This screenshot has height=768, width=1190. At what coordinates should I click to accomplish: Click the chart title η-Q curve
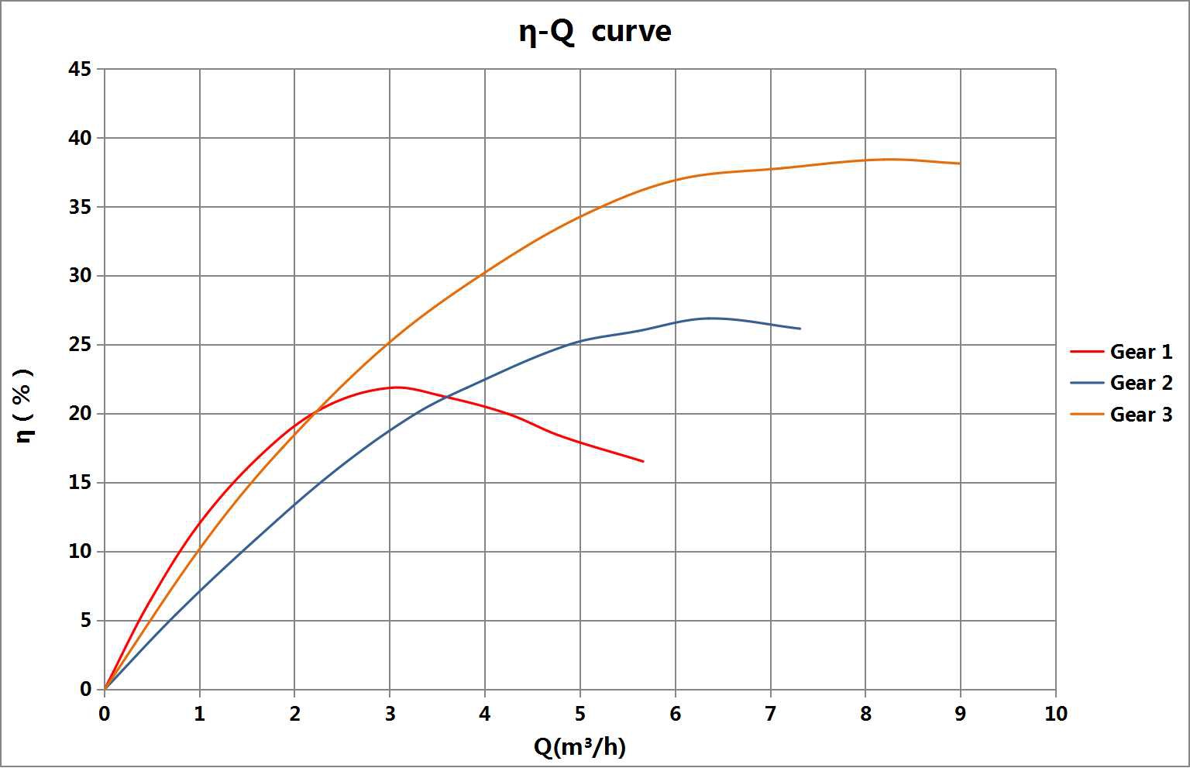point(594,32)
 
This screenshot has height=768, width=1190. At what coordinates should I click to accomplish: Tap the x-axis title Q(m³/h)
point(580,746)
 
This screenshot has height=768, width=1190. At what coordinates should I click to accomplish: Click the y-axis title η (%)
point(25,405)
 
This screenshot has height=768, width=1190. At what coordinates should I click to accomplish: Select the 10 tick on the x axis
point(1055,714)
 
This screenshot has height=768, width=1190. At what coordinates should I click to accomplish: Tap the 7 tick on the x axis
point(770,714)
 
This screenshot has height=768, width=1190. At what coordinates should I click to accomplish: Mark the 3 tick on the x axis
point(390,714)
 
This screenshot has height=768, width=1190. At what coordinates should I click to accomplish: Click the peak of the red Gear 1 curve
point(396,387)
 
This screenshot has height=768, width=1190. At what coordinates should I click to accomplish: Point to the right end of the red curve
point(643,461)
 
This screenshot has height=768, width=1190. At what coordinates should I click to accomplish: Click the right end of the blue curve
point(800,329)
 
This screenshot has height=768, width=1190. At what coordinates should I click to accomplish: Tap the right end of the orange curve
point(960,164)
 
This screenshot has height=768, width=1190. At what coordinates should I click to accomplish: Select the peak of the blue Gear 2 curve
point(709,318)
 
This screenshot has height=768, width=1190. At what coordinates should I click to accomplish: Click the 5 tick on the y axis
point(85,621)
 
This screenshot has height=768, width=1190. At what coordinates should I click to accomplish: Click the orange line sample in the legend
point(1086,415)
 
